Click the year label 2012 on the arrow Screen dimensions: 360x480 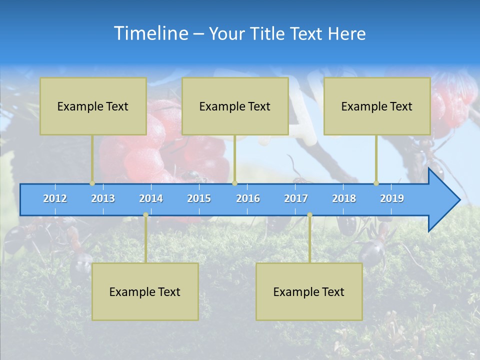(x=55, y=198)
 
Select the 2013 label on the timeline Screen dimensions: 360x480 (x=103, y=198)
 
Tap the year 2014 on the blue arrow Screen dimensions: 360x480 (x=151, y=198)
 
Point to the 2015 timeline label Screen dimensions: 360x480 (x=199, y=198)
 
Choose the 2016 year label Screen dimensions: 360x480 (x=248, y=198)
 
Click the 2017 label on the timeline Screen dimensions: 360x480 (x=296, y=198)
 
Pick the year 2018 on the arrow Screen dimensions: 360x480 (x=344, y=198)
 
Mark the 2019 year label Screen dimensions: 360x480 (x=392, y=198)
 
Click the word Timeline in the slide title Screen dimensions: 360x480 (x=150, y=33)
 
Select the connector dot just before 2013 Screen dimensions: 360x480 (x=92, y=183)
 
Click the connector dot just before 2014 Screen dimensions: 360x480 (x=145, y=215)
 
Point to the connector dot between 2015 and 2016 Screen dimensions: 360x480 (x=234, y=183)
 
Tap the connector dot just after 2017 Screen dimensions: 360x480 (x=309, y=215)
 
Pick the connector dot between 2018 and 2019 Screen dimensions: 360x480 (x=376, y=183)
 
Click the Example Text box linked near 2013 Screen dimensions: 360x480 (x=93, y=106)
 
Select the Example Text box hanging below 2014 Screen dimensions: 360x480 (x=145, y=291)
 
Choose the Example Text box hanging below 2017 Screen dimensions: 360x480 (x=309, y=291)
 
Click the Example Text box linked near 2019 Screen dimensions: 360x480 (x=377, y=106)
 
